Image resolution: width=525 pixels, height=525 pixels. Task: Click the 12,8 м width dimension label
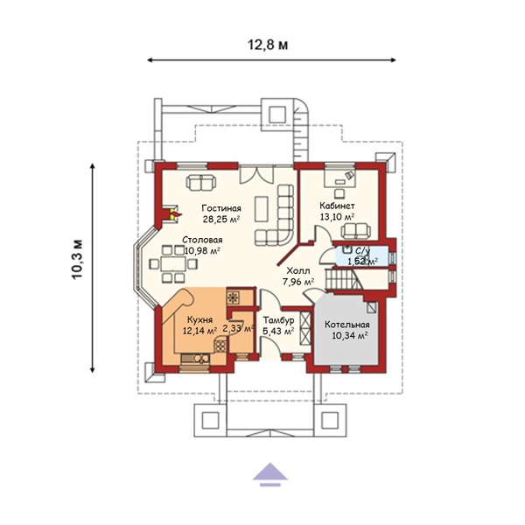click(268, 45)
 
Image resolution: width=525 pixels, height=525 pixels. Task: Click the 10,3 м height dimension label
click(77, 259)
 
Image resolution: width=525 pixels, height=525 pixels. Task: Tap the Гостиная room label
click(221, 208)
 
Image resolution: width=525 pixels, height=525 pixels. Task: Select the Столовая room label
click(202, 240)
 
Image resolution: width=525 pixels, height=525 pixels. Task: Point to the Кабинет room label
click(337, 206)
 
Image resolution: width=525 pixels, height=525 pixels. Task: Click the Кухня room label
click(199, 319)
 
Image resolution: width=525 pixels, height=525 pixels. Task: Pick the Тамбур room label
click(278, 320)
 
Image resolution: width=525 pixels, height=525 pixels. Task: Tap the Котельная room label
click(347, 325)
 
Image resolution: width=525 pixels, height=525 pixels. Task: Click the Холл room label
click(298, 270)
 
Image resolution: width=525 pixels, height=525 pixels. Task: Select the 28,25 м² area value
click(221, 219)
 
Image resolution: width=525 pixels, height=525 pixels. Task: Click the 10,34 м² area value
click(350, 335)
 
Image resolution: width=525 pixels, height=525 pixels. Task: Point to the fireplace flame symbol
click(176, 214)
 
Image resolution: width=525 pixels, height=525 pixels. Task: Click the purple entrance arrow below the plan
click(269, 473)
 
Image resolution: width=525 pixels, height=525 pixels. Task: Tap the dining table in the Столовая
click(172, 264)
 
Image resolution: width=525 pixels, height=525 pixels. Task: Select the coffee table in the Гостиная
click(261, 209)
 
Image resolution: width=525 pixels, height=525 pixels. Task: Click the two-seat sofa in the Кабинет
click(356, 231)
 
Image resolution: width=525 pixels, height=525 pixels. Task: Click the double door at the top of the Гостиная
click(256, 174)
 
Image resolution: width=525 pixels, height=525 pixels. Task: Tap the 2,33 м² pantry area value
click(237, 328)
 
